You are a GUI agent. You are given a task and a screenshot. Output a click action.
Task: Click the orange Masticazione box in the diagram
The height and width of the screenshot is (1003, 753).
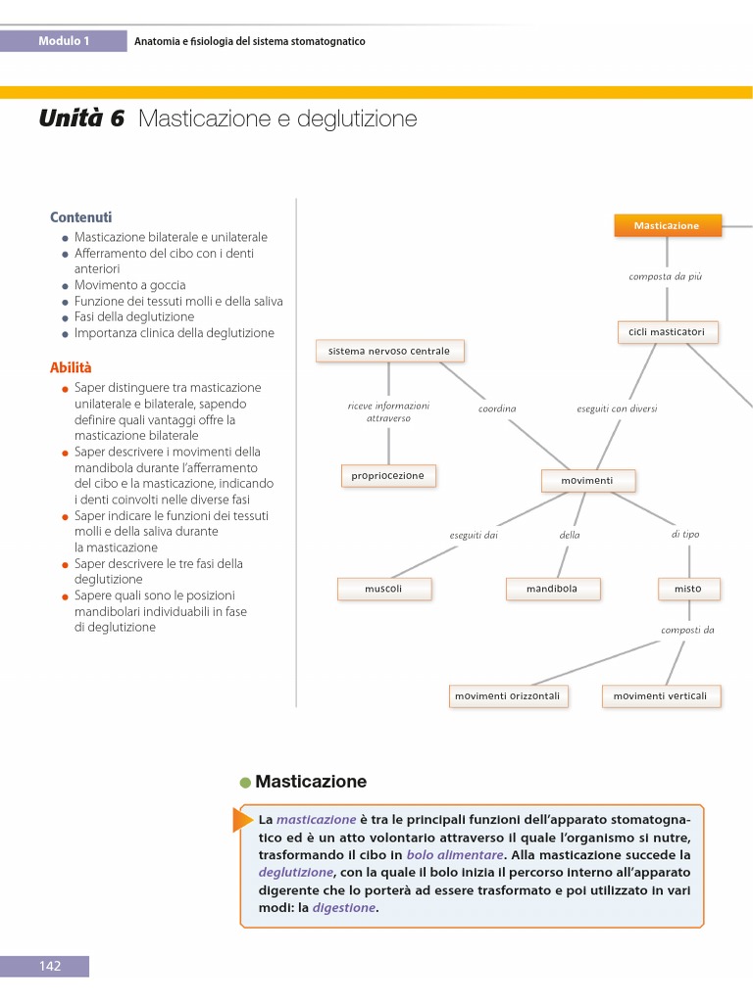click(x=667, y=225)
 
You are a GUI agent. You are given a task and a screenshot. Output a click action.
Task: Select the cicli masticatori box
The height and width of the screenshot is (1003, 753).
click(x=667, y=332)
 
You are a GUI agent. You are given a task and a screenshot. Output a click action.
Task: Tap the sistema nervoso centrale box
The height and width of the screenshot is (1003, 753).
click(x=389, y=351)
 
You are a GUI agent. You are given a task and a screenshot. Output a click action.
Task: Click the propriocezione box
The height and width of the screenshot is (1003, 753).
click(x=388, y=476)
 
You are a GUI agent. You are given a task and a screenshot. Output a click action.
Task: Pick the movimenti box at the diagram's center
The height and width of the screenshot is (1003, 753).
click(x=587, y=481)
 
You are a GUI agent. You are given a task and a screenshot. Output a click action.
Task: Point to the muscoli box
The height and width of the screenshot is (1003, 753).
click(x=383, y=589)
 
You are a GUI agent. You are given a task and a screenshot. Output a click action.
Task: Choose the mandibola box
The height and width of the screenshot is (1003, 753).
click(x=553, y=589)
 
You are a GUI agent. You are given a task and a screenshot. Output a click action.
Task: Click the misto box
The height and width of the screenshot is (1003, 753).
click(x=688, y=589)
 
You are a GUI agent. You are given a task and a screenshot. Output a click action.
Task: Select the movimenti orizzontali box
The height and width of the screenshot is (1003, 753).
click(x=507, y=696)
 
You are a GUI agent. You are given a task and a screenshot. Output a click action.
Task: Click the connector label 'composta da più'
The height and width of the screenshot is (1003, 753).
click(x=666, y=277)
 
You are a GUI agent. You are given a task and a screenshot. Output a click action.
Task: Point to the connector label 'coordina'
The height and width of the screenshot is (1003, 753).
click(x=497, y=408)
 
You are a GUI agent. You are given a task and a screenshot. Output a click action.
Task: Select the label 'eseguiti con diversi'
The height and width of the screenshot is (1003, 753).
click(x=617, y=408)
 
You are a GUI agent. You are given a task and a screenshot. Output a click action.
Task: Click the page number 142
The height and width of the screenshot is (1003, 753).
click(x=50, y=966)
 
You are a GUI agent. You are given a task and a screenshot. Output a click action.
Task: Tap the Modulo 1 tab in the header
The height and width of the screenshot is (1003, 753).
click(x=64, y=41)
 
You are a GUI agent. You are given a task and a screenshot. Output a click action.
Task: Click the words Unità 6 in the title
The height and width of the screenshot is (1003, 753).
click(x=82, y=119)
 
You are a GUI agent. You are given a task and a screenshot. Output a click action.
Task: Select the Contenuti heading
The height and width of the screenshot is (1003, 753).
click(x=81, y=217)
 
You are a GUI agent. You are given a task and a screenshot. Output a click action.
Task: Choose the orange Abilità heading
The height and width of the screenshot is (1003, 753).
click(x=71, y=368)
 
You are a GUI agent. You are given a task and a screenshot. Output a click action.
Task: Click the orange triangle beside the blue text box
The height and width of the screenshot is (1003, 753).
click(x=242, y=819)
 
